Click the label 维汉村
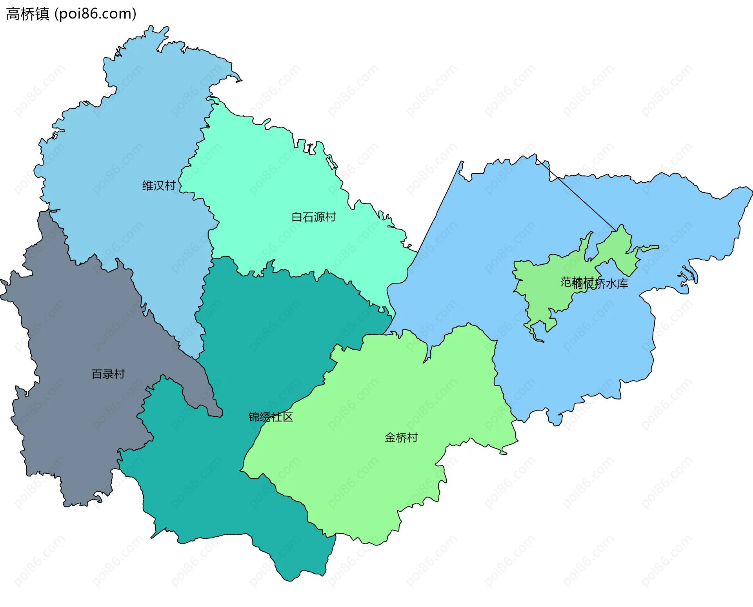159,185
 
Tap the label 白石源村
314,217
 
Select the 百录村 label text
108,374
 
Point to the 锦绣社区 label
271,417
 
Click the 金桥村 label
401,438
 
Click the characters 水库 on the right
617,284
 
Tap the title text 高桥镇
27,14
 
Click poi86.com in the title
95,14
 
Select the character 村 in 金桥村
413,438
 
